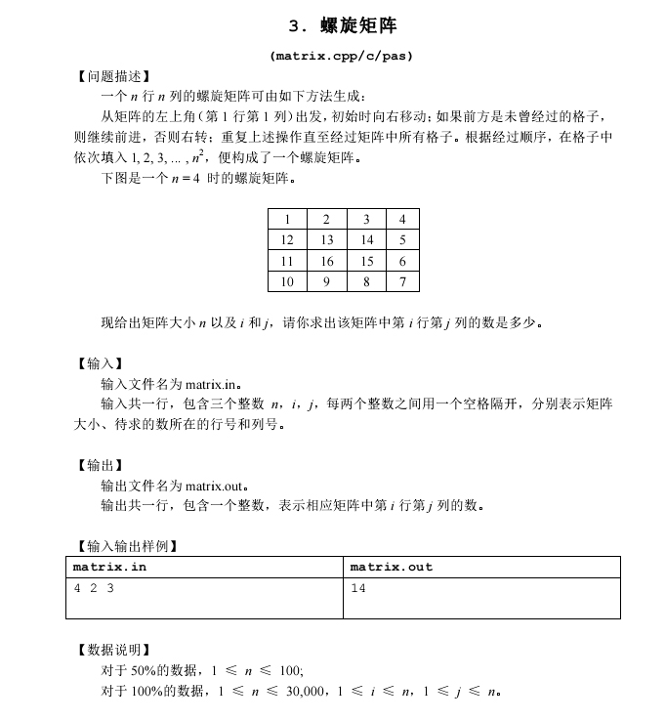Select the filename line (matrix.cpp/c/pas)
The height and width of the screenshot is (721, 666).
pos(343,56)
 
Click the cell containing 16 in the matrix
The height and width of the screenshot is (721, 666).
pos(327,261)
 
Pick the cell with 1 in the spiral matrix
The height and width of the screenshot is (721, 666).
pos(287,219)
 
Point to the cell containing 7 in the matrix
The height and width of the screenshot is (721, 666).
pos(402,282)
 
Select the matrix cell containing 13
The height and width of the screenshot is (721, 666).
pos(327,240)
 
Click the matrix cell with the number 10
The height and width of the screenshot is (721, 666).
pos(287,282)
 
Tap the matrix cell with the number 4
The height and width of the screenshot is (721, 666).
pos(402,219)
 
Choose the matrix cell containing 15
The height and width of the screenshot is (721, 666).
pos(366,261)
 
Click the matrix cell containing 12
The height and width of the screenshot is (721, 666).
pos(287,240)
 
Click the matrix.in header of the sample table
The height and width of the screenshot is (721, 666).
pos(110,567)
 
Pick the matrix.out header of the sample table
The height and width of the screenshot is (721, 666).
pos(391,567)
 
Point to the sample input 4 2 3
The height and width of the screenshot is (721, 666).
pos(94,588)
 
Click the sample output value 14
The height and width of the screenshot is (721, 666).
pos(357,588)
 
